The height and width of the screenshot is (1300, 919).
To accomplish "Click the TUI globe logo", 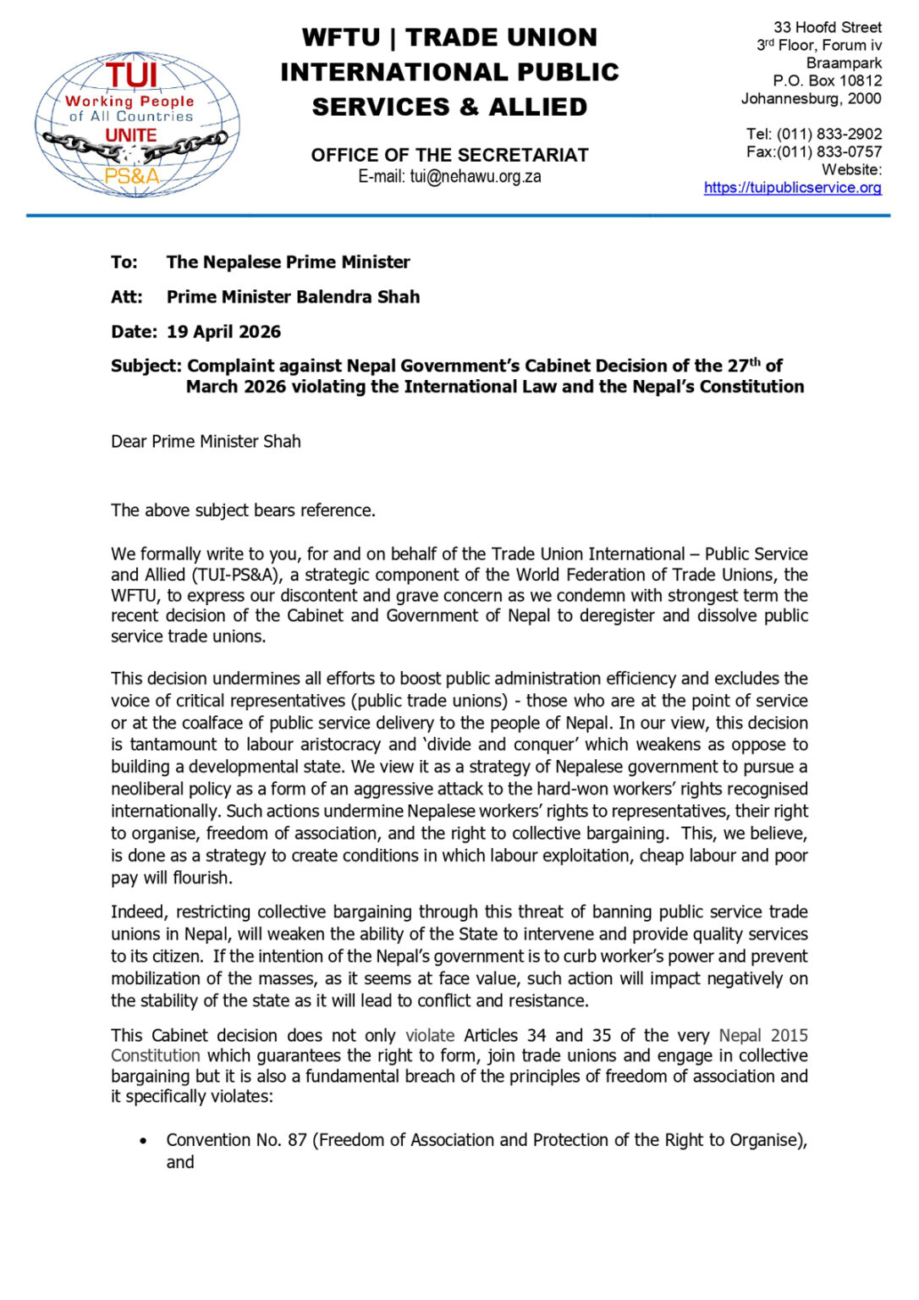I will (136, 124).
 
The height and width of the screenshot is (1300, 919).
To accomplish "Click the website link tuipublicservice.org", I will (792, 188).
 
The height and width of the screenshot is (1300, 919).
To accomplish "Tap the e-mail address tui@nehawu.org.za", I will (475, 177).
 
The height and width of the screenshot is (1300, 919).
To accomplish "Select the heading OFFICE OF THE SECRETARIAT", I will (449, 155).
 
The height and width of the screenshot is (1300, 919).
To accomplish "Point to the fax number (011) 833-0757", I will (829, 152).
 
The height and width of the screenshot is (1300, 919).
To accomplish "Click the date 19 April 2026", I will (223, 332).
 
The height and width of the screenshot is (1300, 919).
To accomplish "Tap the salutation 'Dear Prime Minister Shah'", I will (206, 442).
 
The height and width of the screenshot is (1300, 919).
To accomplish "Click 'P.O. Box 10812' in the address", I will (827, 81).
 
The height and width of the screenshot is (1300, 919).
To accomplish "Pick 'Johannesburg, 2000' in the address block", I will (811, 99).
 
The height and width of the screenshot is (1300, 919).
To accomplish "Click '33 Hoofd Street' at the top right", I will (827, 28).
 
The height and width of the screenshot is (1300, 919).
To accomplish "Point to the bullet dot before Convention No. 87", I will (144, 1141).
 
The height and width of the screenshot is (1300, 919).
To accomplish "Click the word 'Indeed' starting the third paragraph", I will (136, 912).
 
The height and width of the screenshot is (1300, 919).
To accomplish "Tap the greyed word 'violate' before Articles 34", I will (430, 1036).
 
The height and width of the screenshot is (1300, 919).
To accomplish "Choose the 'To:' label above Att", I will (124, 262).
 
